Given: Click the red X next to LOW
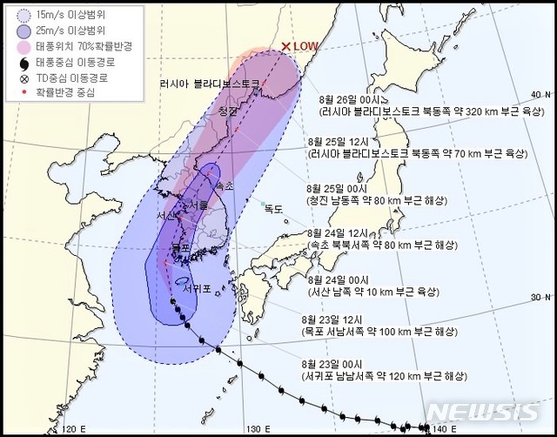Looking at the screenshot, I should tap(286, 47).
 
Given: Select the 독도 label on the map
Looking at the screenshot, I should tap(275, 208).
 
